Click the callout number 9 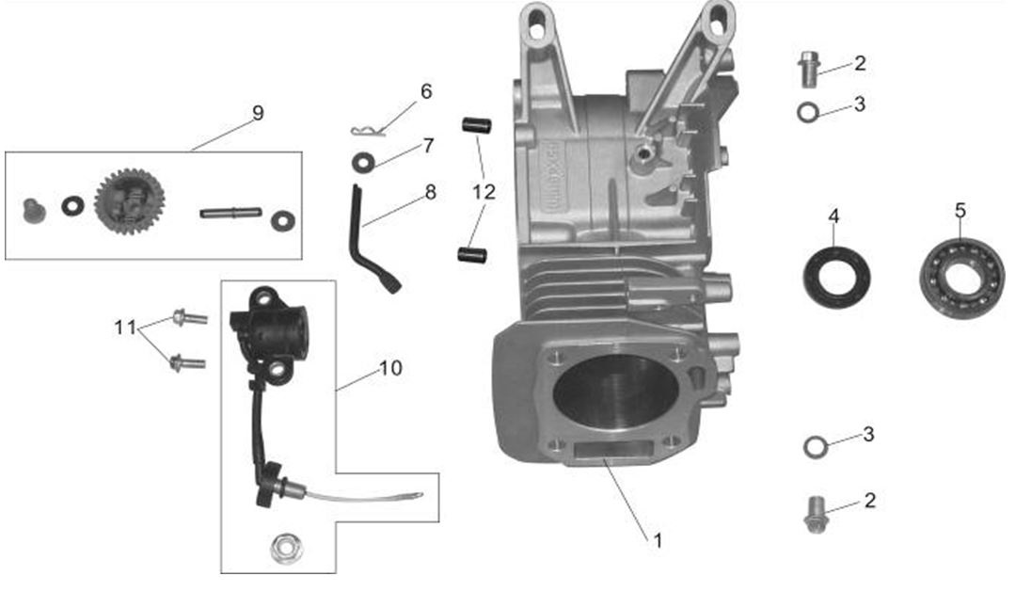[257, 113]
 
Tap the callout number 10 [390, 367]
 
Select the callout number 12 [484, 192]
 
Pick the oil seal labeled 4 [835, 274]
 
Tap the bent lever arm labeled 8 [366, 235]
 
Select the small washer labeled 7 [362, 162]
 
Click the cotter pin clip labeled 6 [363, 130]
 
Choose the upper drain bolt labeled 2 [808, 69]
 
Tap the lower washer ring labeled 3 [815, 445]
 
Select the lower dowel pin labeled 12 [470, 254]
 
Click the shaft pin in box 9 [230, 213]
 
